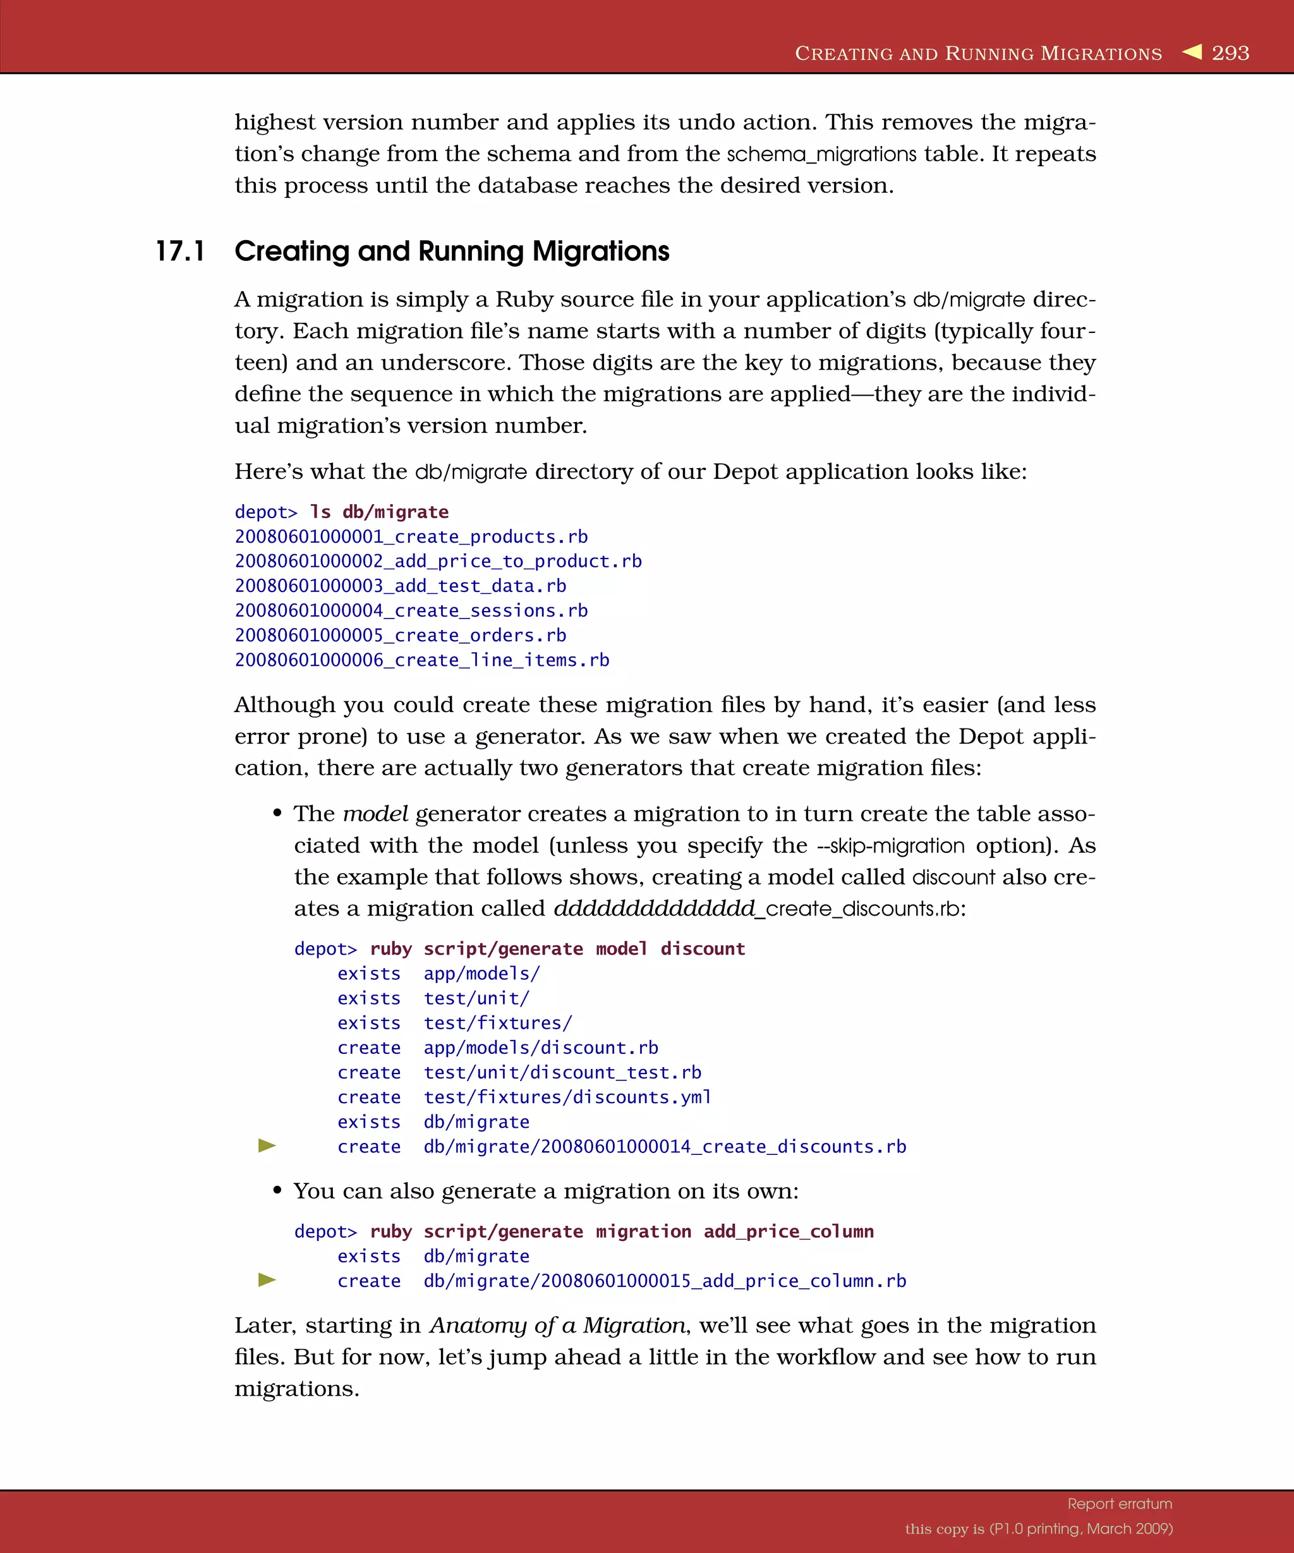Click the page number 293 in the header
(x=1230, y=53)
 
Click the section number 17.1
(x=179, y=251)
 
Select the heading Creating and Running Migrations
(x=451, y=251)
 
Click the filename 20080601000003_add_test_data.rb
(x=400, y=586)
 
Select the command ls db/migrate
(x=378, y=512)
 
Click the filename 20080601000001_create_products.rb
(x=411, y=537)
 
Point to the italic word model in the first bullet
(x=375, y=814)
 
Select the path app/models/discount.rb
(x=540, y=1048)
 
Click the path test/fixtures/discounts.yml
(x=567, y=1097)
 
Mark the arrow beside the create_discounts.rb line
(x=267, y=1145)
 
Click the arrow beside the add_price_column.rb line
(x=267, y=1280)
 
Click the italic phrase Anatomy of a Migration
(x=557, y=1325)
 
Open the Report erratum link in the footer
(x=1119, y=1504)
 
